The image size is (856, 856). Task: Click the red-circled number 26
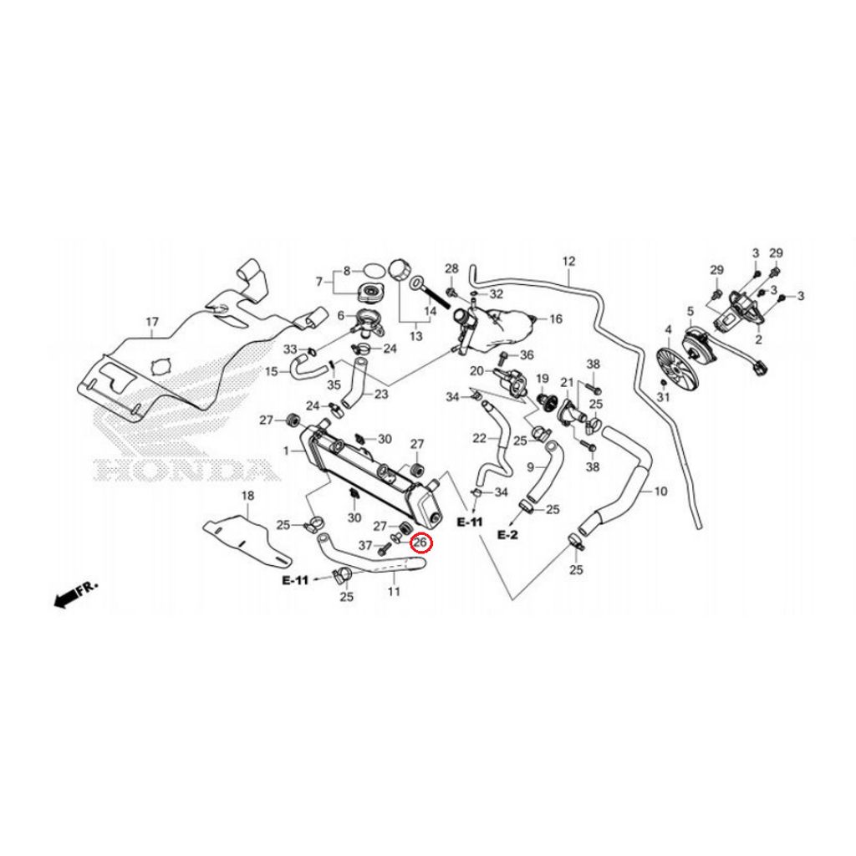coord(421,543)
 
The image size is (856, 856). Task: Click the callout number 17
coord(152,323)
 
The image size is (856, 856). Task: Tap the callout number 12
coord(568,262)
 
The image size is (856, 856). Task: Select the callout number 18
coord(247,496)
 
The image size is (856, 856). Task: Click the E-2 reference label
coord(507,535)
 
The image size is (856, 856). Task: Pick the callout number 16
coord(556,318)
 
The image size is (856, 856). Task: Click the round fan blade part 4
coord(672,363)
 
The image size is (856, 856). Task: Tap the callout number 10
coord(660,492)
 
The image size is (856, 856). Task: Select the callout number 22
coord(479,438)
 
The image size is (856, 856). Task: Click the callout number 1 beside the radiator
coord(287,451)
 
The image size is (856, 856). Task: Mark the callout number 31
coord(663,397)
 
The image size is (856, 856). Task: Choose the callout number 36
coord(527,355)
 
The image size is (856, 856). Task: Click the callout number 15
coord(272,372)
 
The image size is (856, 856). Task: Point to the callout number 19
coord(542,379)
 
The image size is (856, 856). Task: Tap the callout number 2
coord(758,340)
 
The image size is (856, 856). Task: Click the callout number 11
coord(394,591)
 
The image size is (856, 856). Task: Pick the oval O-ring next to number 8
coord(374,270)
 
